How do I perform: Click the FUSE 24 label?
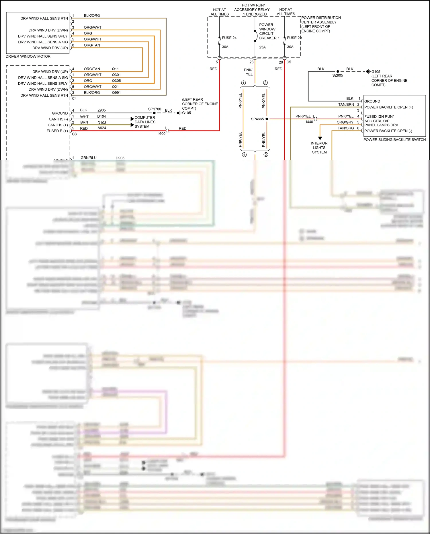coord(229,38)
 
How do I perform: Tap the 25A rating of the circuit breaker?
coord(262,47)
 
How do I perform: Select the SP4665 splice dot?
coord(267,119)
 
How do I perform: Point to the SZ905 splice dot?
coord(338,71)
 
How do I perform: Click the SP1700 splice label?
coord(155,109)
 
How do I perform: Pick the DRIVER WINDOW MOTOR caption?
coord(28,57)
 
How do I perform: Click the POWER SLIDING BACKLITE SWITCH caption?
coord(394,140)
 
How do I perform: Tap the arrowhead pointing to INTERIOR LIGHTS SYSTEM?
coord(320,138)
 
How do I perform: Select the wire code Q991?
coord(116,93)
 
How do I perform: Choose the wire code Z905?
coord(101,110)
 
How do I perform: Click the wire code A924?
coord(102,128)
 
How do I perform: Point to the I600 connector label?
coord(162,134)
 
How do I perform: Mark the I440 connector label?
coord(309,122)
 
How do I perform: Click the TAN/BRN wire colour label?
coord(346,104)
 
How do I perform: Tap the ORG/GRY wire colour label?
coord(345,122)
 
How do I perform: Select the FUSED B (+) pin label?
coord(57,131)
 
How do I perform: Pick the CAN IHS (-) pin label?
coord(58,119)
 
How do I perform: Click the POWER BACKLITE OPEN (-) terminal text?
coord(388,131)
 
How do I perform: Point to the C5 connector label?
coord(289,62)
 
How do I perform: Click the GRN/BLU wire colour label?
coord(89,158)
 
